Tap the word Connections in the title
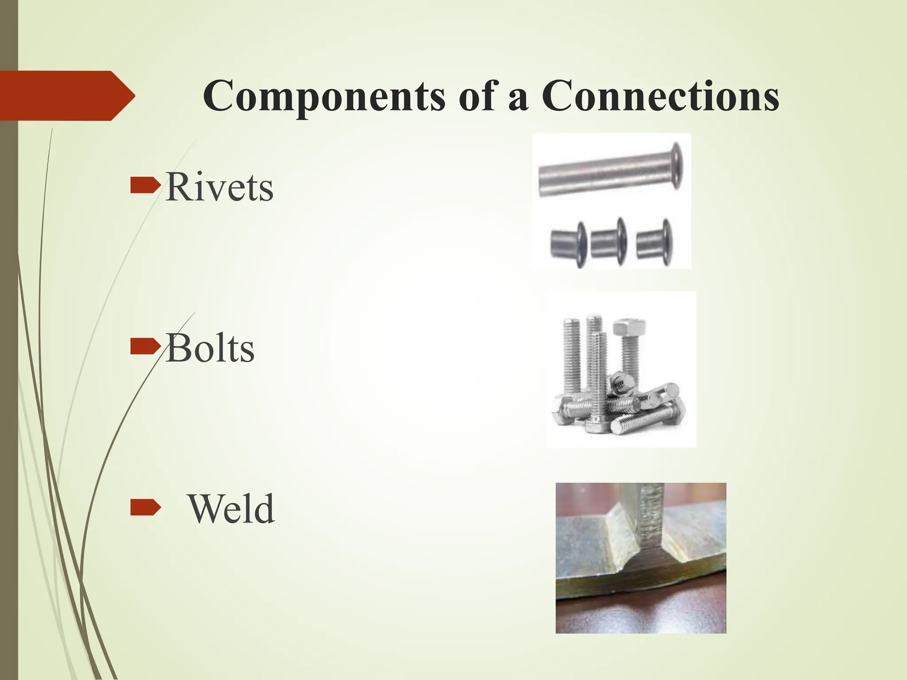tap(660, 97)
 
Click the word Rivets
tap(219, 188)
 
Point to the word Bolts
tap(210, 349)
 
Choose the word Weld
tap(231, 509)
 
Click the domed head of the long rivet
tap(676, 166)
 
